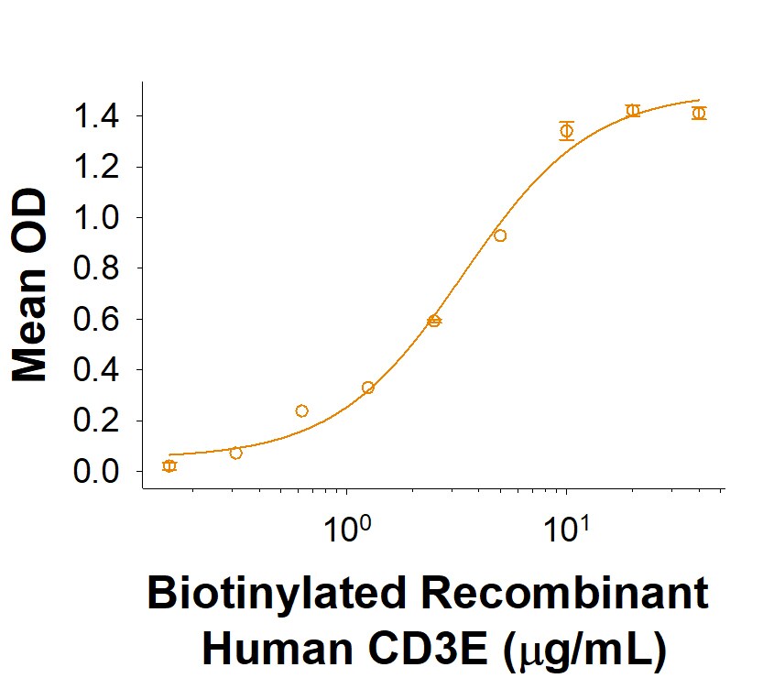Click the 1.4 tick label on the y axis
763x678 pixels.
(98, 116)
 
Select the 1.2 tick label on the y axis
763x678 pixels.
(98, 168)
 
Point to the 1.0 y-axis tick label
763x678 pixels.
(98, 218)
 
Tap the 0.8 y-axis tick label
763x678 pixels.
(98, 268)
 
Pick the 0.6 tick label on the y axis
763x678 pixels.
(98, 320)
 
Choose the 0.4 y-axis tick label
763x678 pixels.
(98, 370)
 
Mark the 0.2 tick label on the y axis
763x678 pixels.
(98, 421)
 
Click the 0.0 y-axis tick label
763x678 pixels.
(98, 472)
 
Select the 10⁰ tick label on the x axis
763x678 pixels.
(347, 530)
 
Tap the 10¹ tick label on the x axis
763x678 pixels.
(566, 530)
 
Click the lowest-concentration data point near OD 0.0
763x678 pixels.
(169, 466)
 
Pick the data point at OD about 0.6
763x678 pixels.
(434, 321)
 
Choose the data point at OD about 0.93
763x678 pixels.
(500, 235)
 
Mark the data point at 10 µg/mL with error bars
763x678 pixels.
(566, 130)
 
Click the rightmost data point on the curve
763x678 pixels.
(699, 113)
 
